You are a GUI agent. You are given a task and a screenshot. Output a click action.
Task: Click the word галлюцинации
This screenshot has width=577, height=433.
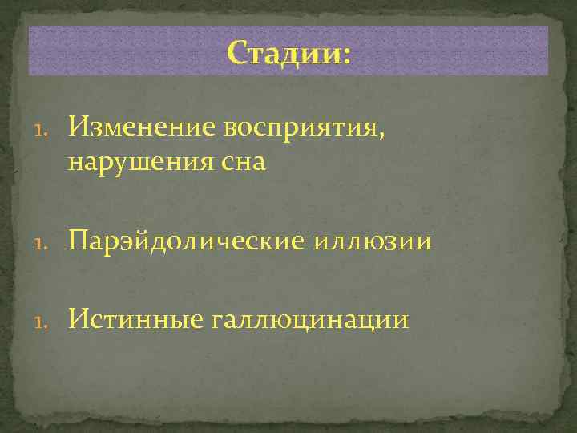click(310, 321)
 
